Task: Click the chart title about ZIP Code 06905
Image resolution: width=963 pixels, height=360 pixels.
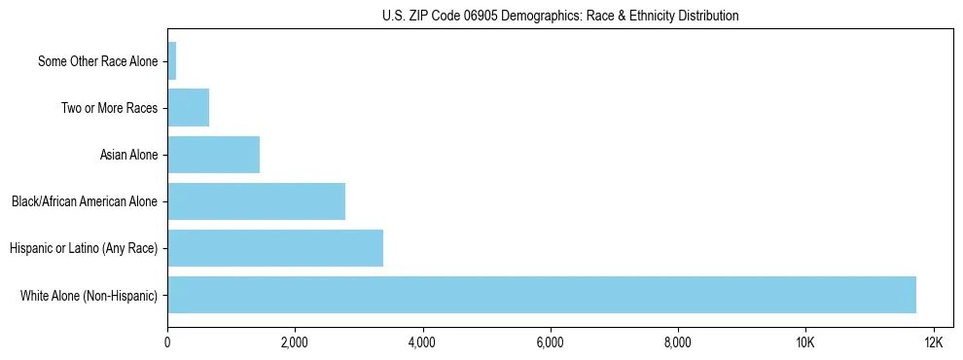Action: point(560,16)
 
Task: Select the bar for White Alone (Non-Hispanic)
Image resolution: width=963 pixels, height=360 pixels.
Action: point(542,295)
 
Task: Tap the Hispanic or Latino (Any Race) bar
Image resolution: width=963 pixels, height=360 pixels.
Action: point(275,248)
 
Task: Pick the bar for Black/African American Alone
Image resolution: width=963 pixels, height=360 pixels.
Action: point(256,201)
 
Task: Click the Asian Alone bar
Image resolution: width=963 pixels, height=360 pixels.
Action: point(213,155)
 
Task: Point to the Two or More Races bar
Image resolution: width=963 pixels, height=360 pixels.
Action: point(188,108)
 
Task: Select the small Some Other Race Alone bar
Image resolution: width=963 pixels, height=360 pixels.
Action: point(172,61)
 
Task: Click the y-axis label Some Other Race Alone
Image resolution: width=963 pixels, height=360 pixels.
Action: point(97,61)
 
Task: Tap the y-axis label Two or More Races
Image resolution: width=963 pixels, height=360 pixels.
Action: point(109,108)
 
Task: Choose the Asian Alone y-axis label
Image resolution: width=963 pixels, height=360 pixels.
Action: point(128,155)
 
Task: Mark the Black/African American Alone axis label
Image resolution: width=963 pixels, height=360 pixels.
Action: point(85,201)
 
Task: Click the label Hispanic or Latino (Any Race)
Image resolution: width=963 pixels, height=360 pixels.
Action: point(84,248)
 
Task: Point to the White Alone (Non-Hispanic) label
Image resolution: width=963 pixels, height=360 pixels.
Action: point(89,295)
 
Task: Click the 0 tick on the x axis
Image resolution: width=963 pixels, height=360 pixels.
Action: point(167,342)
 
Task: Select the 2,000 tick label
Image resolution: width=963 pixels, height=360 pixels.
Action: point(295,342)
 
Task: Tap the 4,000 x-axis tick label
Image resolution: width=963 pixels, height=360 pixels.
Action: point(422,342)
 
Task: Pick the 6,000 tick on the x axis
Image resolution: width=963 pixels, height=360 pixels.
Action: point(550,342)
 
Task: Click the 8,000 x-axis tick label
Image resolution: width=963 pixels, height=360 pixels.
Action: point(677,342)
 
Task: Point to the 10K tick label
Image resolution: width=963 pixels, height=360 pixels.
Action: point(805,342)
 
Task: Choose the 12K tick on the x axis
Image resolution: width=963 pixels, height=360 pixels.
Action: point(933,342)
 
